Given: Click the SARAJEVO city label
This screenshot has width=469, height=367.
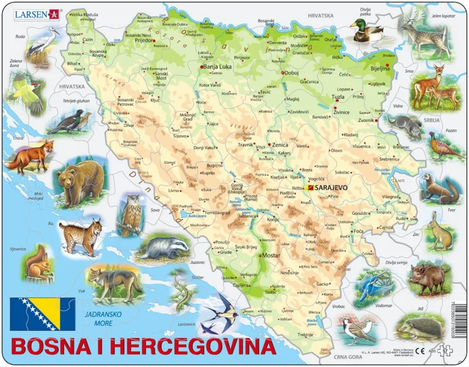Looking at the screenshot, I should (331, 187).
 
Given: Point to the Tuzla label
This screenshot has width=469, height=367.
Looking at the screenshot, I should (338, 97).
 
